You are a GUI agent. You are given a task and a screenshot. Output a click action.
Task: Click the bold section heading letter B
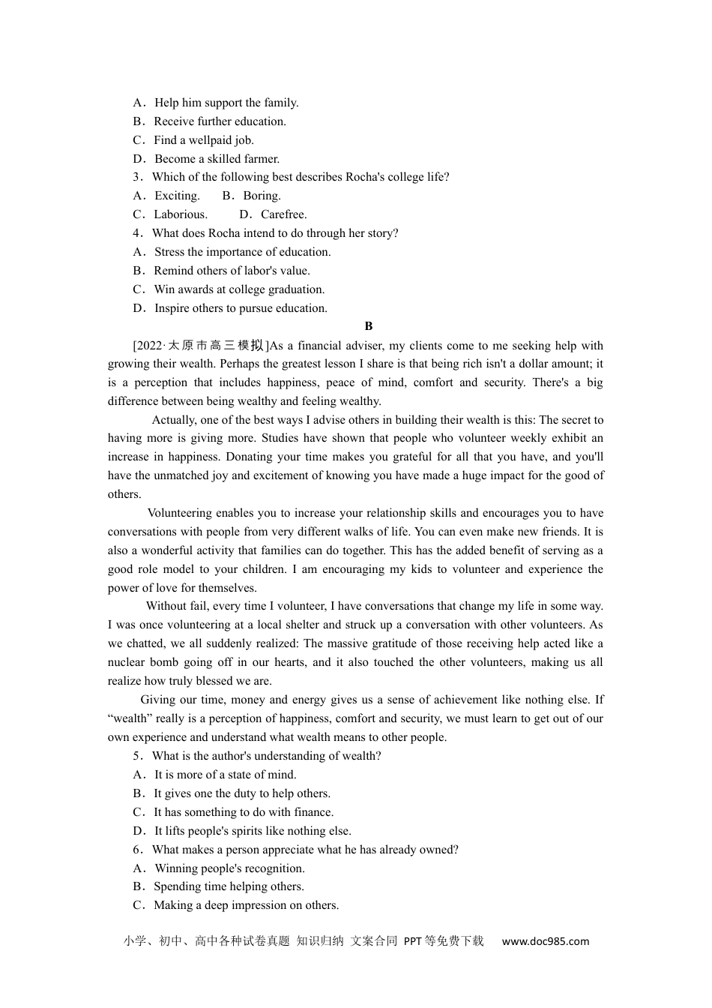pyautogui.click(x=368, y=326)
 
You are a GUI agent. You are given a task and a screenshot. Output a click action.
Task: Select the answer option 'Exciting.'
pyautogui.click(x=177, y=196)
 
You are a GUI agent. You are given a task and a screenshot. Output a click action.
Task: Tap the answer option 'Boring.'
pyautogui.click(x=262, y=196)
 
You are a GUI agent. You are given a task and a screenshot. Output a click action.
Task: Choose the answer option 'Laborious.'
pyautogui.click(x=181, y=214)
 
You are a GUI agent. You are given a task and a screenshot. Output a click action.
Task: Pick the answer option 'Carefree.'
pyautogui.click(x=283, y=214)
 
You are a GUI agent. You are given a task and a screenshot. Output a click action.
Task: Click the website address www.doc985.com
pyautogui.click(x=545, y=941)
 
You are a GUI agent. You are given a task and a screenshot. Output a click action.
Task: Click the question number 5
pyautogui.click(x=136, y=756)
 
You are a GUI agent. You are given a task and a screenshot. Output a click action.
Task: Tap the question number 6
pyautogui.click(x=136, y=850)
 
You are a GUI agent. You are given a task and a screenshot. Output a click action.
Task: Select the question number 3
pyautogui.click(x=136, y=177)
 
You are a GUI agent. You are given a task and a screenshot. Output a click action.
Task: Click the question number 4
pyautogui.click(x=136, y=233)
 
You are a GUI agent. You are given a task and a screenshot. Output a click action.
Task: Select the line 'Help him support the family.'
pyautogui.click(x=226, y=103)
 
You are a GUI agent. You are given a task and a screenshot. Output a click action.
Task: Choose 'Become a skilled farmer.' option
pyautogui.click(x=217, y=159)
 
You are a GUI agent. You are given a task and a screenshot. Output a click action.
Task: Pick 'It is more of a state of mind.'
pyautogui.click(x=225, y=775)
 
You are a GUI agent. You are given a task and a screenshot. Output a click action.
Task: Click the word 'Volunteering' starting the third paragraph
pyautogui.click(x=179, y=513)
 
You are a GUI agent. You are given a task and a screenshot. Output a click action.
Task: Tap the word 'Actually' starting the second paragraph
pyautogui.click(x=173, y=420)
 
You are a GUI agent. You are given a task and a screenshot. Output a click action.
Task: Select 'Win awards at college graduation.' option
pyautogui.click(x=239, y=289)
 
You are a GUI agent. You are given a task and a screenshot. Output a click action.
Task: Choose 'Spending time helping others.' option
pyautogui.click(x=229, y=886)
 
